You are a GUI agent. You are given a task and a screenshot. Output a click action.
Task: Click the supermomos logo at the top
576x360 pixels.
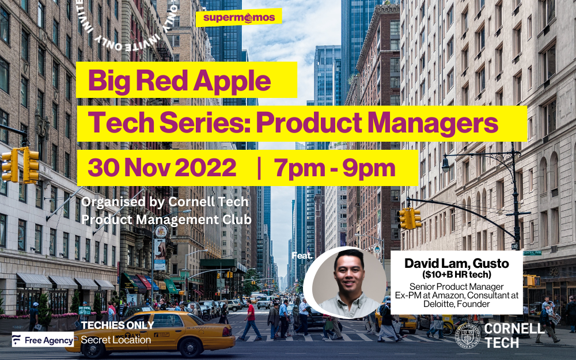[238, 17]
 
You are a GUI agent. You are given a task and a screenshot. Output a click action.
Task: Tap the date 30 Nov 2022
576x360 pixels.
[162, 168]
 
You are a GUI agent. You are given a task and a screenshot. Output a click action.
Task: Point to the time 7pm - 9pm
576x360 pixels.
[335, 168]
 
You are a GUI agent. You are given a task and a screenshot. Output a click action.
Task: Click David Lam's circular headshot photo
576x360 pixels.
[344, 282]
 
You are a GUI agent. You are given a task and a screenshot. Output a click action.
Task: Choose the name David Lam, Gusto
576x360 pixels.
[456, 263]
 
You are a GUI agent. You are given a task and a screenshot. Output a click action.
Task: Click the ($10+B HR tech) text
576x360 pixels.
[456, 274]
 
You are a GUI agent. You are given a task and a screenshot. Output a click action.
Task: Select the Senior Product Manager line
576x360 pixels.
[456, 286]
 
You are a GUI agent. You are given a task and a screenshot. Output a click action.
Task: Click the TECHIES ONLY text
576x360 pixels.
[118, 325]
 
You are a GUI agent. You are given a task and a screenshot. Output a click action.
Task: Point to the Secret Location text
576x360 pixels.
[116, 340]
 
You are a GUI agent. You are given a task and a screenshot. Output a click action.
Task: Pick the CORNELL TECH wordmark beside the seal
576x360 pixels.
[514, 336]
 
